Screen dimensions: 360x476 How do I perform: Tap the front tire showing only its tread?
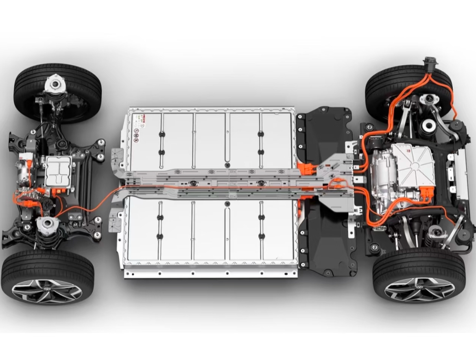(57, 92)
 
